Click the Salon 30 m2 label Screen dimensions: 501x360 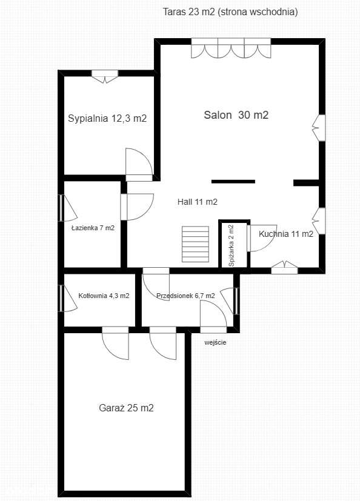[x=236, y=115]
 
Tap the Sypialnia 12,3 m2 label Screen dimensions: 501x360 [x=107, y=119]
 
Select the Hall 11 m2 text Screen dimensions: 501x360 [x=198, y=202]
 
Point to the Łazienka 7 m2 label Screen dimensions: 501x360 [x=93, y=228]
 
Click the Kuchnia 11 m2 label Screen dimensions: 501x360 [x=286, y=234]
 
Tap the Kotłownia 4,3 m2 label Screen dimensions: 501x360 [x=104, y=296]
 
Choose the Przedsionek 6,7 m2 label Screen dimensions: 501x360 [x=185, y=296]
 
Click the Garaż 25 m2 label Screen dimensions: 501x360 [x=126, y=408]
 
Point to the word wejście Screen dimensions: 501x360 [x=215, y=342]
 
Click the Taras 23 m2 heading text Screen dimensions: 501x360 [x=230, y=12]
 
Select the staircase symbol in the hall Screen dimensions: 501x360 [x=196, y=243]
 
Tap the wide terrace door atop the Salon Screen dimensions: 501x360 [x=230, y=48]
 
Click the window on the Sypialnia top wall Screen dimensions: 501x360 [x=105, y=76]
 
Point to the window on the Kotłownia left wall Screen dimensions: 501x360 [x=63, y=299]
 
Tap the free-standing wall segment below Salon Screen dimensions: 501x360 [x=233, y=181]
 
